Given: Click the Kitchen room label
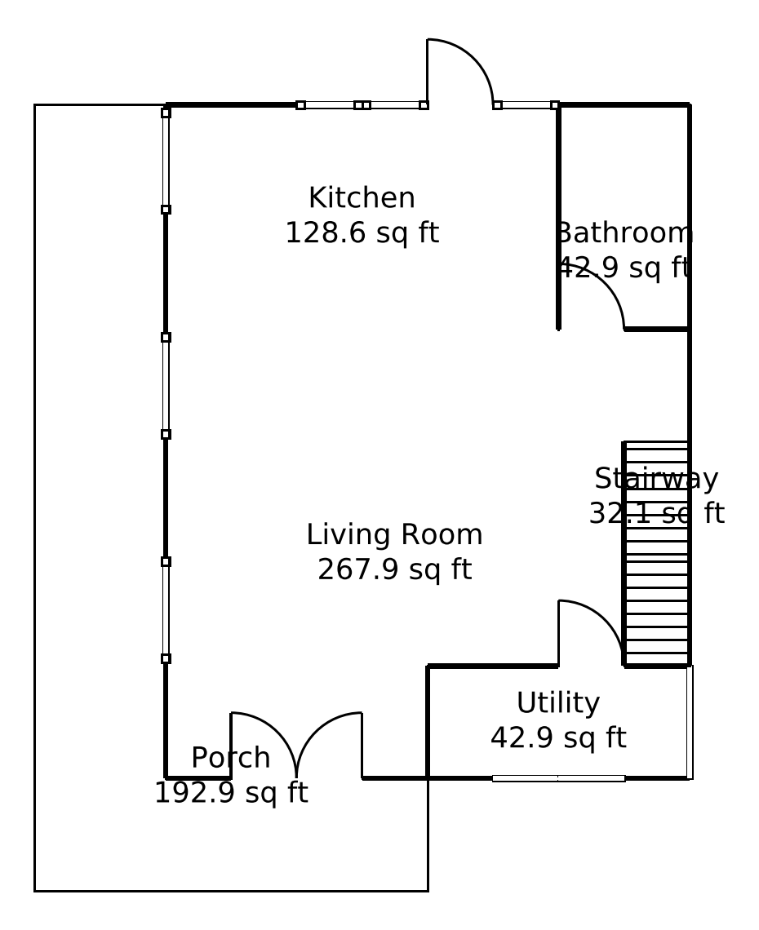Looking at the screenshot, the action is point(362,197).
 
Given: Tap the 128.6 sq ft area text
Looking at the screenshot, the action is point(362,232).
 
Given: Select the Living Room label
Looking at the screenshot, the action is point(395,534).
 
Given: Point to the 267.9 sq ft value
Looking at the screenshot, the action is point(395,569).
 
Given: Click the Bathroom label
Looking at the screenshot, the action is point(624,232).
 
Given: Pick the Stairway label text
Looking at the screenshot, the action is point(656,479).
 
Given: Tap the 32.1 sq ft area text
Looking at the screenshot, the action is point(656,513).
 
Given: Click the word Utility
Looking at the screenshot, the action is point(558,703).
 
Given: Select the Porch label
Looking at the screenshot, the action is point(231,757).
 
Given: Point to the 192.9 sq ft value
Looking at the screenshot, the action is point(231,792).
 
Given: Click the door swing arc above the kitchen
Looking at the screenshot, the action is point(473,58).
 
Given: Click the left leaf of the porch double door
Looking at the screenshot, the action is point(277,731).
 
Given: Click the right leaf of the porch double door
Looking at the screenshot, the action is point(316,731).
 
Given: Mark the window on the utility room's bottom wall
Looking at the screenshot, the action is point(558,778).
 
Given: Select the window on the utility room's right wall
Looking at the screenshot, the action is point(690,722).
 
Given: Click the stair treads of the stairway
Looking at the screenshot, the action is point(656,554).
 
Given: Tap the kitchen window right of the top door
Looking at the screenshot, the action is point(526,105).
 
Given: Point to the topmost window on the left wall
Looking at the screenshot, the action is point(166,160).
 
